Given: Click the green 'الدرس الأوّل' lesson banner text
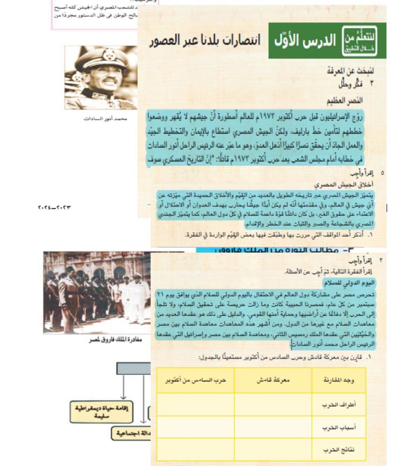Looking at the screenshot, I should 304,41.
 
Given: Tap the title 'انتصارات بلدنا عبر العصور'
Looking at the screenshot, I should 205,41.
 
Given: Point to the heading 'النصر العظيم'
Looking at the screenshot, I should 345,101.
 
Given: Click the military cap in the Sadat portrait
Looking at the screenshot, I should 102,58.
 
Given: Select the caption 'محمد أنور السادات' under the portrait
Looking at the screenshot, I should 105,119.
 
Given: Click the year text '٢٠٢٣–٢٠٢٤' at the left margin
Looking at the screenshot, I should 54,208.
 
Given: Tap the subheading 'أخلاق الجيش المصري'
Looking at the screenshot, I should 343,185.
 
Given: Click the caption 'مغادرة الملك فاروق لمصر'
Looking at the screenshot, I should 116,340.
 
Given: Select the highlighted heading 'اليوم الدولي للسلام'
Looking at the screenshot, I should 349,283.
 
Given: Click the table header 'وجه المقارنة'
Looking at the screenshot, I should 338,380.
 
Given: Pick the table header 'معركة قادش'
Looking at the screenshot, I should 273,380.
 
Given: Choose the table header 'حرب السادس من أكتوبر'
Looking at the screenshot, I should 196,380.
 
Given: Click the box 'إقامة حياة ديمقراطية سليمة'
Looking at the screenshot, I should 101,412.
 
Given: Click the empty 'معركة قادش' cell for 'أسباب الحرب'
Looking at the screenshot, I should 273,427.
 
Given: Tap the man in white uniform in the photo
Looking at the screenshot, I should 137,296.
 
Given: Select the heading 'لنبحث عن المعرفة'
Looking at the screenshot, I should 350,71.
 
